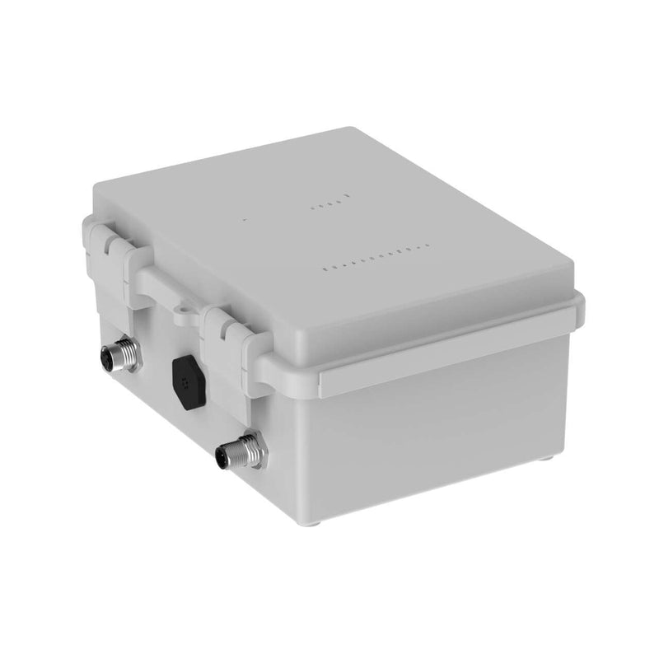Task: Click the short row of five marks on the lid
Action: tap(330, 203)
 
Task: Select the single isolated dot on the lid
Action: tap(244, 220)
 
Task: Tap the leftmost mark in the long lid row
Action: tap(324, 268)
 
